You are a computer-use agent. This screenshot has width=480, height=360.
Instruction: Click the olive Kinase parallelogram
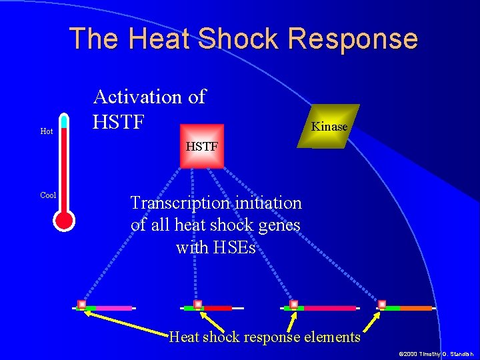pos(329,126)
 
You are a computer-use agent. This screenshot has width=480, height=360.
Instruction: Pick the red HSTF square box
pos(201,145)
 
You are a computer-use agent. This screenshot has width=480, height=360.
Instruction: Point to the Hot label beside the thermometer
pos(47,131)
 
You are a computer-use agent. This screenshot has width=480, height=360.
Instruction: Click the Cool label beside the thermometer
pos(48,195)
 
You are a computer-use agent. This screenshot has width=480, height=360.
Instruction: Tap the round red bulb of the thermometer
pos(65,221)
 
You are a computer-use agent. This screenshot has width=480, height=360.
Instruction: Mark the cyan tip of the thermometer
pos(64,120)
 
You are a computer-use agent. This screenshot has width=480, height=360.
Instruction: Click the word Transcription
pos(179,203)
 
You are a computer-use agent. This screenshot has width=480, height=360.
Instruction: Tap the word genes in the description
pos(274,225)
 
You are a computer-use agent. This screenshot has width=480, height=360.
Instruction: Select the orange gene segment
pos(416,308)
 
